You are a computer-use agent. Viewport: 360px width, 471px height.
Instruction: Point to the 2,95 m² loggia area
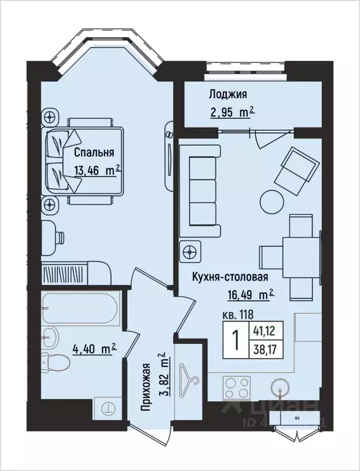point(229,112)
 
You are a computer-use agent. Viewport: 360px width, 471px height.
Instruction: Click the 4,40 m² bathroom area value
point(95,349)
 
